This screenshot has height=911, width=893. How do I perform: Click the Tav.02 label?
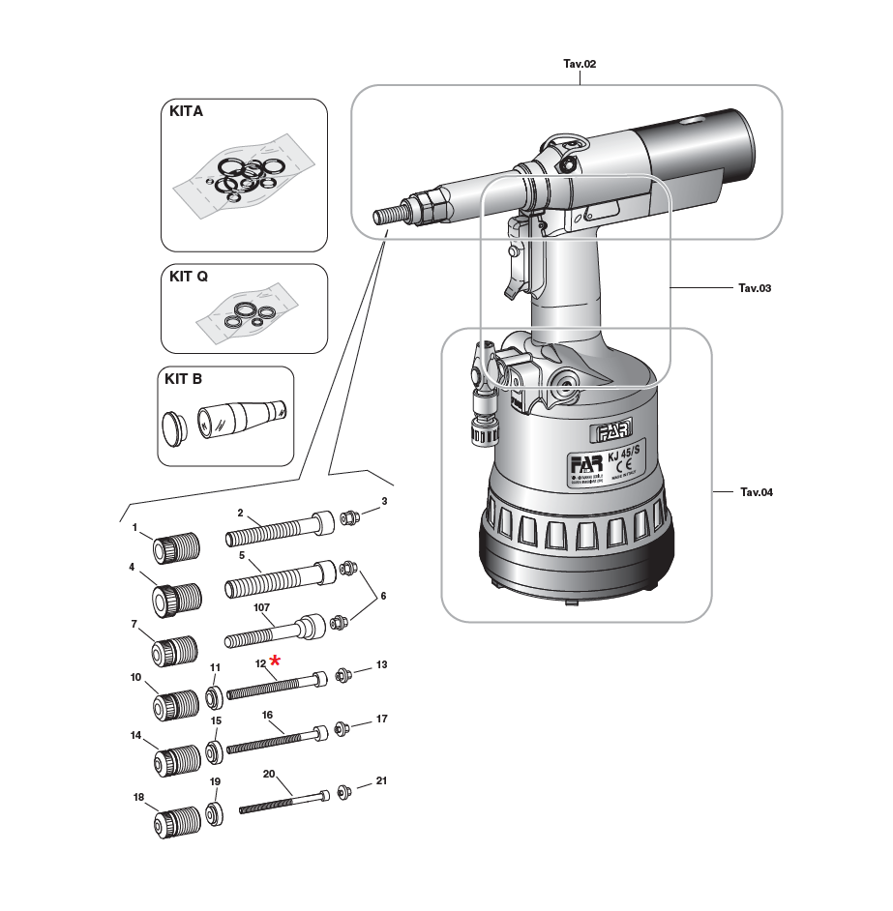[x=580, y=64]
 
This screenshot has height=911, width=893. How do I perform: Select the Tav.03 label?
[x=755, y=288]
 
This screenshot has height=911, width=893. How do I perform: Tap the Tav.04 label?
[x=757, y=492]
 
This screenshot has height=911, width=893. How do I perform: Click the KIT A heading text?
[x=186, y=112]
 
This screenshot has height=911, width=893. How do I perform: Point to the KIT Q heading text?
[x=189, y=276]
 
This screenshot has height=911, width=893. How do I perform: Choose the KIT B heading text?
[x=183, y=379]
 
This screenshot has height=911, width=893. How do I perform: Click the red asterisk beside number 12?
[x=276, y=660]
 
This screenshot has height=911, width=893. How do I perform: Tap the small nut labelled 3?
[x=353, y=517]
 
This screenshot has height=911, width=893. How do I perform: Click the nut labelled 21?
[x=345, y=793]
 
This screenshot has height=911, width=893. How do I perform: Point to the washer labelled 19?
[x=214, y=810]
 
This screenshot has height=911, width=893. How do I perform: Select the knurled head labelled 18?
[x=177, y=823]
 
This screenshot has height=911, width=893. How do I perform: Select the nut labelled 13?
[x=343, y=675]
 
